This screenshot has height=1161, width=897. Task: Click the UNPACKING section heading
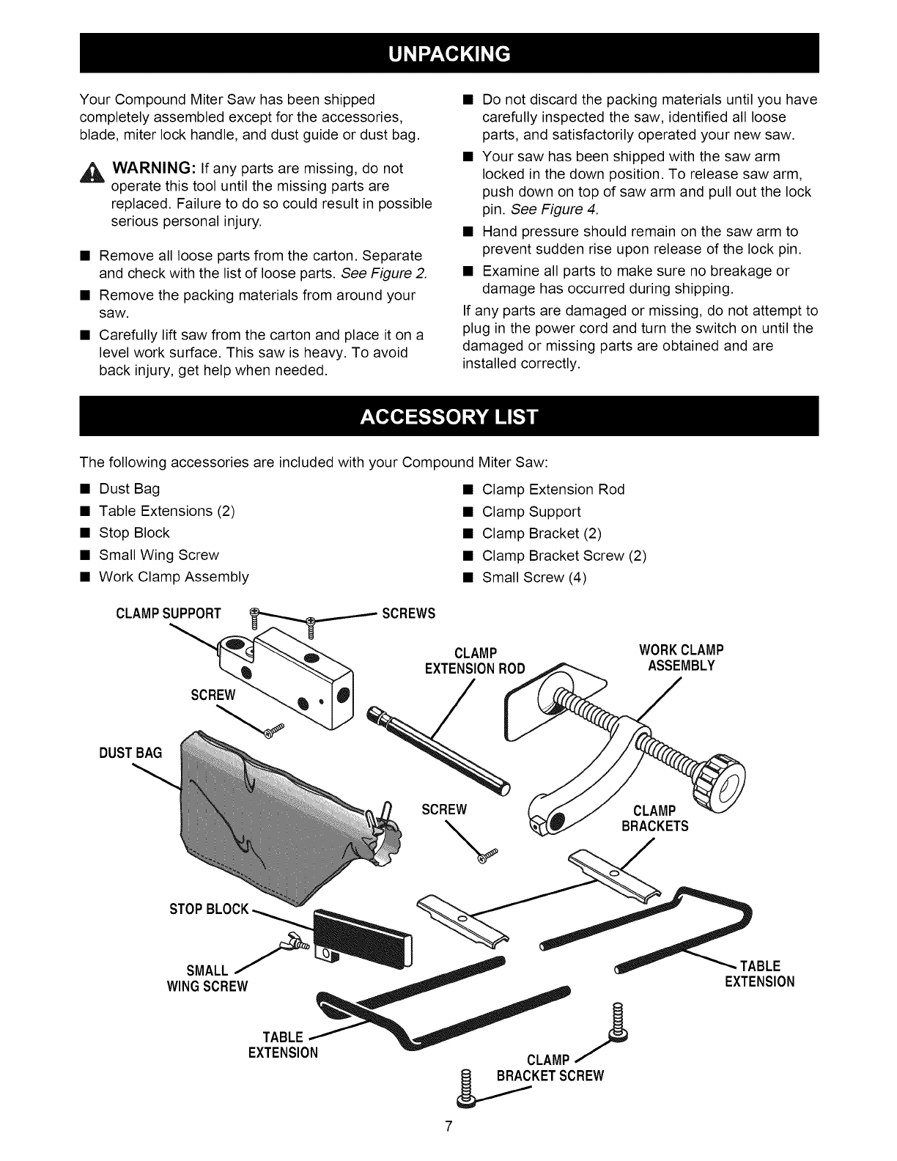[448, 54]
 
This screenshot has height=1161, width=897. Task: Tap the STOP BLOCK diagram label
[208, 910]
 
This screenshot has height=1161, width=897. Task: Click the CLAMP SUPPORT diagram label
[168, 613]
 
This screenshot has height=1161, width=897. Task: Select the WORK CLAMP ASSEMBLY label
[681, 657]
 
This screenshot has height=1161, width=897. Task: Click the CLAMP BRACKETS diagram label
[654, 818]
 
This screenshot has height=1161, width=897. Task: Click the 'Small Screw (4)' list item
[534, 578]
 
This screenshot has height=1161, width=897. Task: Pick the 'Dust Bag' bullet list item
[129, 489]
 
